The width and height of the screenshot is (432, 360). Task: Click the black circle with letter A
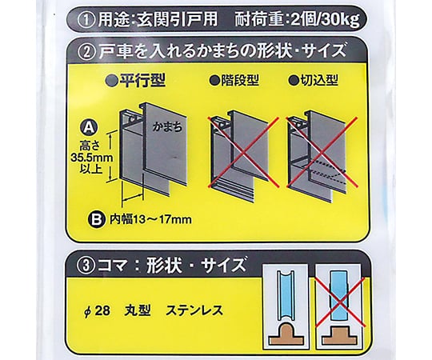[89, 127]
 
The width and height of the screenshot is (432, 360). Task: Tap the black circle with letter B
[97, 219]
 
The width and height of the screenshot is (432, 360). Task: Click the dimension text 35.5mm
[92, 158]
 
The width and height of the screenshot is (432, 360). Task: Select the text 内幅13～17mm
[150, 219]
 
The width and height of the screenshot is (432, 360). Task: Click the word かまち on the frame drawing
[167, 127]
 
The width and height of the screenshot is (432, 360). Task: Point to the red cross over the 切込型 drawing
[322, 152]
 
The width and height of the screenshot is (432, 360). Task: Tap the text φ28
[97, 311]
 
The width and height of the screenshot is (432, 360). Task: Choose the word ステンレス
[194, 310]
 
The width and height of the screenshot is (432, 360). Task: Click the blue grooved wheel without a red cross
[286, 294]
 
